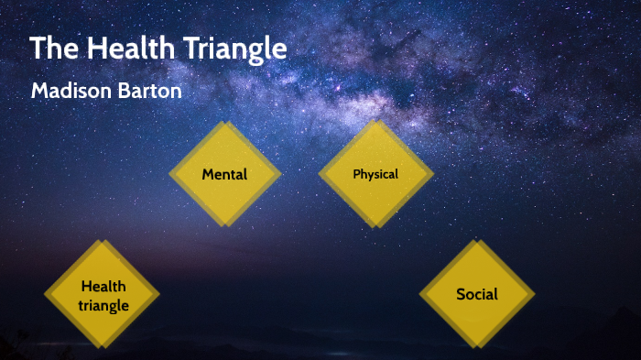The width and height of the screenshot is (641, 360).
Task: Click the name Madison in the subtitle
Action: [x=71, y=92]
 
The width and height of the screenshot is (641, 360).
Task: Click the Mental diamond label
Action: [x=224, y=174]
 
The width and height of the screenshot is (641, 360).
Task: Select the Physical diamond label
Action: [x=375, y=174]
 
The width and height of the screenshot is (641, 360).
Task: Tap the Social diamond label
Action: [x=477, y=294]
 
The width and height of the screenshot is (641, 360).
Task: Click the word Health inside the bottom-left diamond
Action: [x=103, y=287]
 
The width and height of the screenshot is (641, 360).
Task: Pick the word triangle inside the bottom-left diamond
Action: [x=103, y=305]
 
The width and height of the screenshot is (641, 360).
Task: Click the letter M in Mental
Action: [x=208, y=174]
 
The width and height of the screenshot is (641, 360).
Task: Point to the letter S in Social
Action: [x=461, y=294]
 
